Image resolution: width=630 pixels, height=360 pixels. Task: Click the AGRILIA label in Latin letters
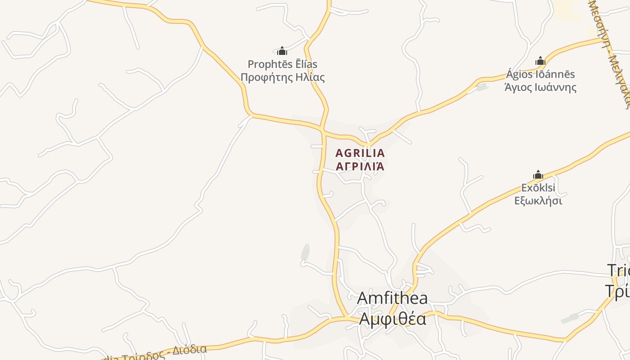[360, 153]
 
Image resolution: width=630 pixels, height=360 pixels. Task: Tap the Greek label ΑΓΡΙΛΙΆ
[360, 166]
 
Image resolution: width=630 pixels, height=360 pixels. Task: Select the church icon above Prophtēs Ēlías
[282, 51]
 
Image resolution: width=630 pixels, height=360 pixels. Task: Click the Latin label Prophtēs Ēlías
[282, 64]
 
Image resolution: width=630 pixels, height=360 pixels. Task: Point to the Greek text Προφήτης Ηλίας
[282, 77]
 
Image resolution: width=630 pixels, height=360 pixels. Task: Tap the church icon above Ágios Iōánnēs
[540, 61]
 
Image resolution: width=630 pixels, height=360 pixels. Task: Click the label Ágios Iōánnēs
[540, 74]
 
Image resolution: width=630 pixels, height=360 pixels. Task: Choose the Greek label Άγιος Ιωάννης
[540, 87]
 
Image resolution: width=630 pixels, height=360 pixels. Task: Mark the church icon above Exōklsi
[538, 175]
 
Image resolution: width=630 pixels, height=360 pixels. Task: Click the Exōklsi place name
[538, 188]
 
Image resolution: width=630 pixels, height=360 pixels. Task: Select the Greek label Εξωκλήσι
[538, 201]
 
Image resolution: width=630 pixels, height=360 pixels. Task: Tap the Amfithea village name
[392, 298]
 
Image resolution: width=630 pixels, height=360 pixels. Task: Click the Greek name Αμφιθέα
[392, 319]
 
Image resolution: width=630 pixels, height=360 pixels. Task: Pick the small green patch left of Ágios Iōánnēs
[482, 87]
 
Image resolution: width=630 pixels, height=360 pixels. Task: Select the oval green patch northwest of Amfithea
[305, 252]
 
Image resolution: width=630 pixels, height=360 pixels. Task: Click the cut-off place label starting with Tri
[619, 270]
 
